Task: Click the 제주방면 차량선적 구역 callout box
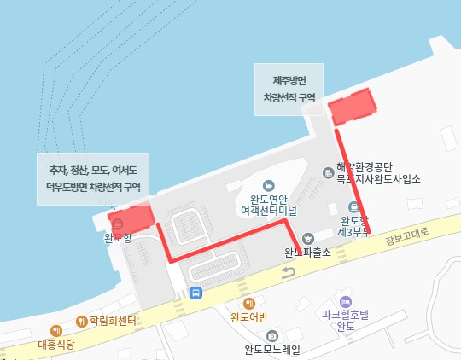[289, 89]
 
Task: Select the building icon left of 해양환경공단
[329, 172]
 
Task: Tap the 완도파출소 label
[307, 253]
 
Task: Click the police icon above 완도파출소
[308, 237]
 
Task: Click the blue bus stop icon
[197, 293]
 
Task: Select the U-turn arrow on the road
[288, 272]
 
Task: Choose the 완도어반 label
[249, 317]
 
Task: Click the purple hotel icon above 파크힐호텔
[345, 302]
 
